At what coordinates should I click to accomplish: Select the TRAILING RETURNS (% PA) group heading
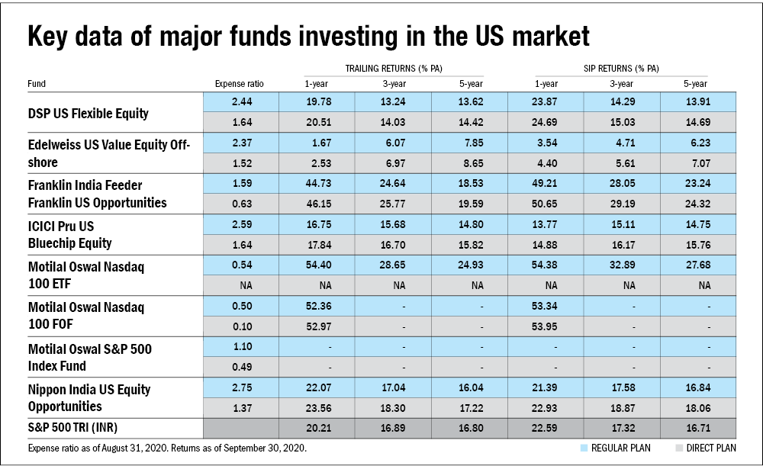(x=394, y=69)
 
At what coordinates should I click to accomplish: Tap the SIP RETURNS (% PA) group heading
(x=621, y=69)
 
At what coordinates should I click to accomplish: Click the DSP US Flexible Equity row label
(x=88, y=114)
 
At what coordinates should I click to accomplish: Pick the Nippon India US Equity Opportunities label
(x=89, y=397)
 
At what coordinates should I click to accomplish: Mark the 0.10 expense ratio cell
(x=240, y=326)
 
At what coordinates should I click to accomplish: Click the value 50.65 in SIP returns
(x=546, y=204)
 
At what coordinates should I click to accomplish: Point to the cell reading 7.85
(x=471, y=143)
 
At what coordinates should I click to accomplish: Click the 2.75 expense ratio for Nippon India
(x=240, y=387)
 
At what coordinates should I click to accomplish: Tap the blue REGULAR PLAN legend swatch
(x=584, y=448)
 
